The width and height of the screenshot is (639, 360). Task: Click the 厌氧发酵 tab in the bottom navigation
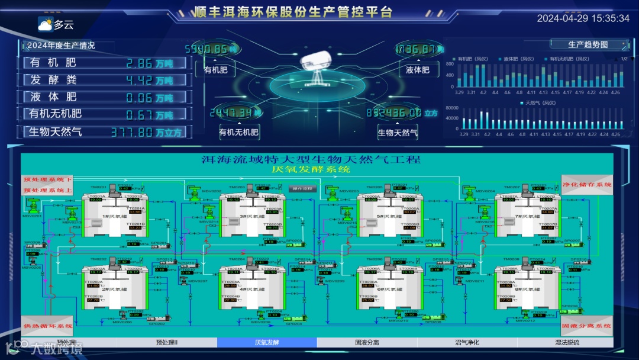[267, 342]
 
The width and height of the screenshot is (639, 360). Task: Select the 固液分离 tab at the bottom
[367, 342]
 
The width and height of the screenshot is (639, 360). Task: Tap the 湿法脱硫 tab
[567, 342]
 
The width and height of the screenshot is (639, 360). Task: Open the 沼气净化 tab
[467, 342]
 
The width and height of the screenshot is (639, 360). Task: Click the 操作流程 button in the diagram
[303, 189]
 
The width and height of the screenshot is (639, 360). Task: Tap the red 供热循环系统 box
[48, 326]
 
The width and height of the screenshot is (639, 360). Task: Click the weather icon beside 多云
[45, 24]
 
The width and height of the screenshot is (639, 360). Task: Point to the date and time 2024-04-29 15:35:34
[583, 18]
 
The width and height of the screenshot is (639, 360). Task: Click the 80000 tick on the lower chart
[451, 108]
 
